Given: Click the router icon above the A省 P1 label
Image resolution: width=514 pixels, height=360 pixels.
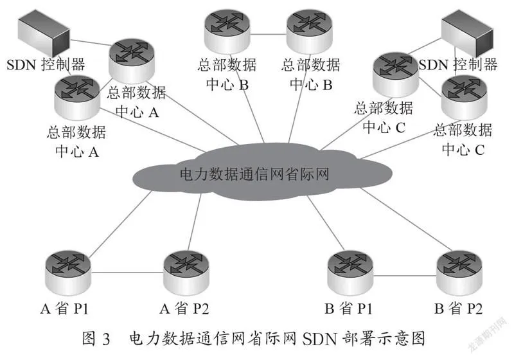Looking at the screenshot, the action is (x=67, y=273).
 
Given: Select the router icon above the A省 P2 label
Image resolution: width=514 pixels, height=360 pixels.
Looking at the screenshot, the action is (x=186, y=273).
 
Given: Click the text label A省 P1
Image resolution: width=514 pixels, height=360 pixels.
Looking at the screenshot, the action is (x=65, y=309).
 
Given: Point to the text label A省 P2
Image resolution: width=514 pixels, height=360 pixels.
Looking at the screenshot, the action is (x=184, y=309).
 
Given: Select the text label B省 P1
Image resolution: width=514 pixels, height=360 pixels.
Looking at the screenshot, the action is (x=348, y=309).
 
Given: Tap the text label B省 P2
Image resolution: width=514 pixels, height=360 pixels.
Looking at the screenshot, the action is (x=458, y=309).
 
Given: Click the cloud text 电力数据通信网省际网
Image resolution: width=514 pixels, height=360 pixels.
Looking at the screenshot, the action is (x=254, y=174).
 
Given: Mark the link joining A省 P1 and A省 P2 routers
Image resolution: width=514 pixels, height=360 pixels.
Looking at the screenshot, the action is (x=127, y=272).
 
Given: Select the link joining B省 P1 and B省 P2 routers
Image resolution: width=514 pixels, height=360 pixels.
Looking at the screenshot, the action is (x=405, y=276).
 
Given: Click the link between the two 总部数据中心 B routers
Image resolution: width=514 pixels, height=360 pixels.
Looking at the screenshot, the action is (x=268, y=34).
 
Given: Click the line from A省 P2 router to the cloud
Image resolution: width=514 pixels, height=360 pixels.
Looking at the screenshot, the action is (x=195, y=222).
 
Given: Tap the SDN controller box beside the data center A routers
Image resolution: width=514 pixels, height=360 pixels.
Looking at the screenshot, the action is (x=44, y=33).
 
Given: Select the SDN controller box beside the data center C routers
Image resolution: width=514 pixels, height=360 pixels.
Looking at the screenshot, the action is (x=467, y=33).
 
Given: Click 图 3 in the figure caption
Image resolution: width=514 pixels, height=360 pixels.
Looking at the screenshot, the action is (x=96, y=338).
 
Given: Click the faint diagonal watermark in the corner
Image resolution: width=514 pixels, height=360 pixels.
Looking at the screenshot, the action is (x=488, y=334).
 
